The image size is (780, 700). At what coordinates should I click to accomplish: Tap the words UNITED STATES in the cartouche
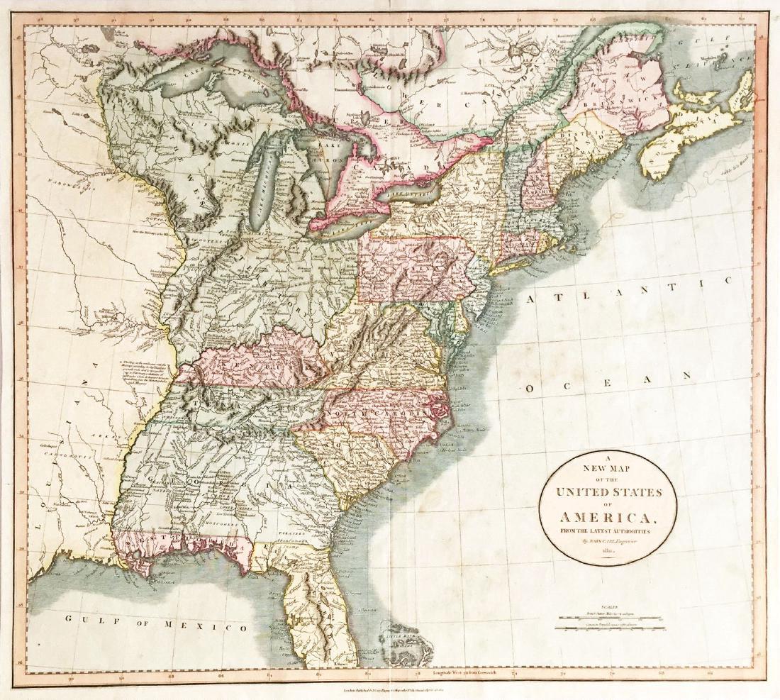point(608,491)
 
